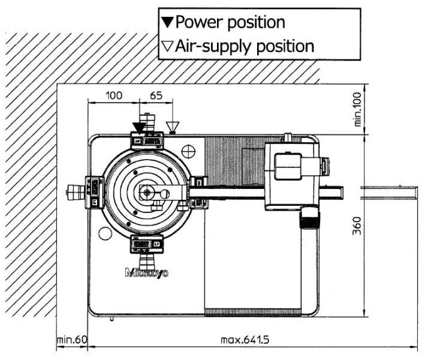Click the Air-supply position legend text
click(x=245, y=46)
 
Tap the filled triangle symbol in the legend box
click(x=167, y=23)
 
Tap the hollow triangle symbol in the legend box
click(x=167, y=47)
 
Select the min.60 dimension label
click(x=72, y=341)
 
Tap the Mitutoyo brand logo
click(x=147, y=272)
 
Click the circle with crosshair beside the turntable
click(x=189, y=150)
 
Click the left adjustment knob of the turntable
click(x=76, y=192)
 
